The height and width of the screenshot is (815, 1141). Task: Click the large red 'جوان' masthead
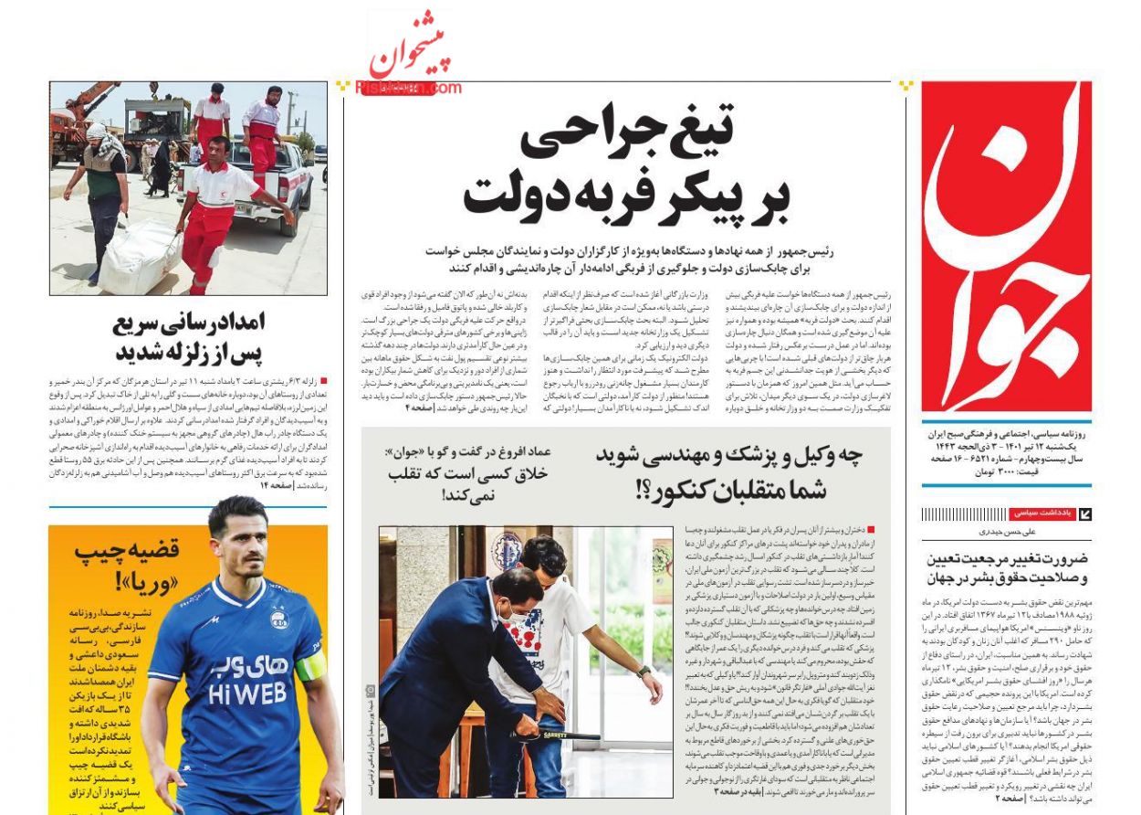tap(1005, 247)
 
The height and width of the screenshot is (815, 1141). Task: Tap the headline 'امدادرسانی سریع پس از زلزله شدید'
tap(190, 337)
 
